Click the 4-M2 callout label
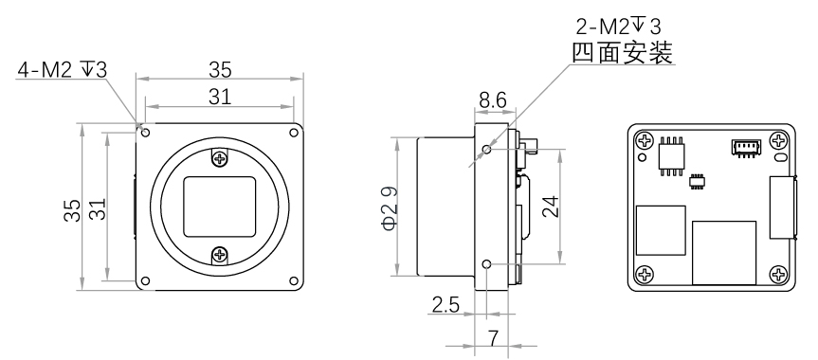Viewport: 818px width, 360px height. [x=62, y=70]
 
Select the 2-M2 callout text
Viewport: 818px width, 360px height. [x=618, y=27]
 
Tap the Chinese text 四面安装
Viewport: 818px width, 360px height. [x=623, y=53]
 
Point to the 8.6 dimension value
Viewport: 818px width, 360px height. [x=493, y=100]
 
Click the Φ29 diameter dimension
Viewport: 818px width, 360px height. [x=391, y=208]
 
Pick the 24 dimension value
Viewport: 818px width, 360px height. [x=551, y=207]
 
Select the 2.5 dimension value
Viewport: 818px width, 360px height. [x=445, y=304]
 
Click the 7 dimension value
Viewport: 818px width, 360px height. [x=493, y=338]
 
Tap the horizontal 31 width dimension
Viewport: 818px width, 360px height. [x=220, y=97]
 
